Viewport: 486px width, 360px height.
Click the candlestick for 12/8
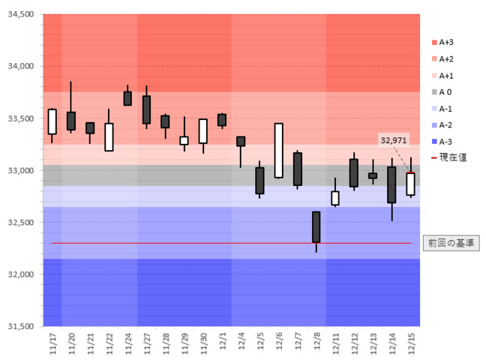pos(316,226)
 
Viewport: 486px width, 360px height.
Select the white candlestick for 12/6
pos(278,151)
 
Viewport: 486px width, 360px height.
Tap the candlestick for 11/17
pos(52,121)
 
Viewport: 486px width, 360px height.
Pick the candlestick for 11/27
pos(146,109)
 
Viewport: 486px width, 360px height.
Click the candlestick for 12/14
pos(391,184)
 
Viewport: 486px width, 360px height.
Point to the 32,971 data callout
pos(394,139)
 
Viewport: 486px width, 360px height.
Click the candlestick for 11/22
pos(109,137)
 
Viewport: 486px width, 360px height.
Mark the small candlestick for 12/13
pos(373,175)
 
